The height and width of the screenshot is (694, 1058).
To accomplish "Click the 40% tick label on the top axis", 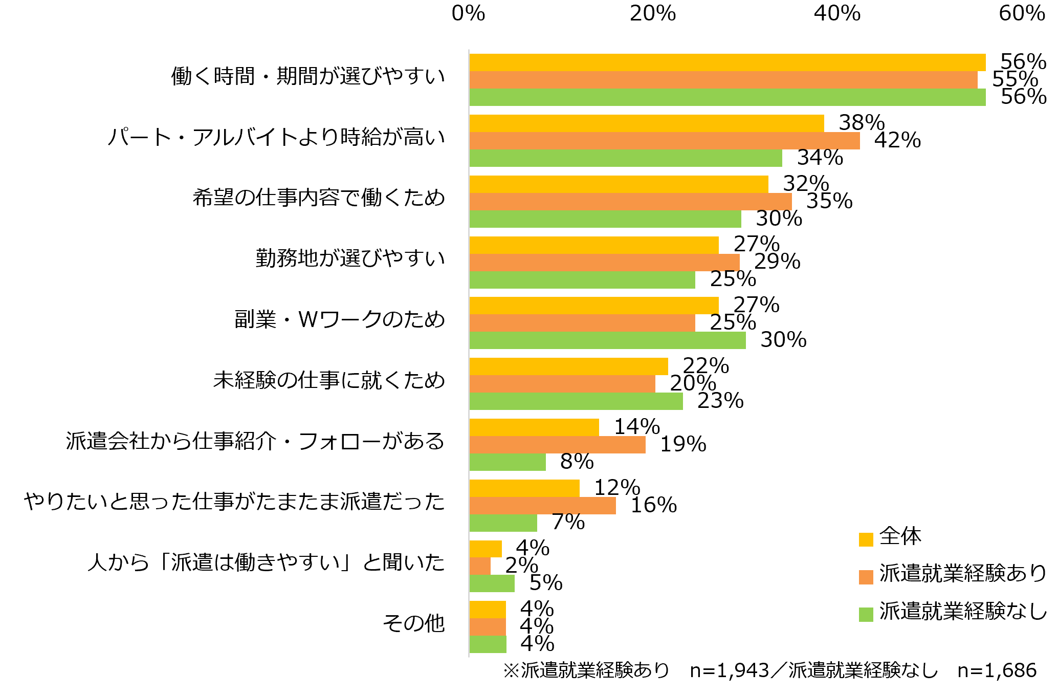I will [x=837, y=13].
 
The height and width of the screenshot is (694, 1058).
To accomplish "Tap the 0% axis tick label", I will [x=468, y=13].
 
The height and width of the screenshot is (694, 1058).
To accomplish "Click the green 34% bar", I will [x=625, y=158].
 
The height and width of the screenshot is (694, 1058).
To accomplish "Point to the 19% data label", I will [x=683, y=444].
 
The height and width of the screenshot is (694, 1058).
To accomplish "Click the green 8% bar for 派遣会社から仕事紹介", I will [x=507, y=462].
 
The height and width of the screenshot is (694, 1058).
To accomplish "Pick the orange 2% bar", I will [x=479, y=566].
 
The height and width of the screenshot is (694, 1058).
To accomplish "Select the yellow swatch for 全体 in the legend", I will [x=866, y=539].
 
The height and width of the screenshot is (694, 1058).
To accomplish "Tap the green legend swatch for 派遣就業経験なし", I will [x=866, y=615].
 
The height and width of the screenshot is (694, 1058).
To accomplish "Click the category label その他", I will [x=413, y=623].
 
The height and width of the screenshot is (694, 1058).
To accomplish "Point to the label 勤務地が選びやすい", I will [x=350, y=258].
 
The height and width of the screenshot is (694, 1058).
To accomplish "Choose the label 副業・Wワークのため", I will [x=339, y=319].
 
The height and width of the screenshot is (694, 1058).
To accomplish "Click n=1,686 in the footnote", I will [x=997, y=670].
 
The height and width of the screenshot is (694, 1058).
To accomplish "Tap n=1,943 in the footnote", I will [x=729, y=670].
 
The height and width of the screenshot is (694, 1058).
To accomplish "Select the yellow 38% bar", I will [x=646, y=123].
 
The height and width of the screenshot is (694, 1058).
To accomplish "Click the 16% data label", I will [x=653, y=505].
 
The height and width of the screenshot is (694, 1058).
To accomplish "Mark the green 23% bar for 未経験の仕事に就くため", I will [x=576, y=401].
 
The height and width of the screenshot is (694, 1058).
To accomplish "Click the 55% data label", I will [x=1015, y=79].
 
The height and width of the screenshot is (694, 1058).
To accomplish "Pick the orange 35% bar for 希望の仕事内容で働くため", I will [x=630, y=202].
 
